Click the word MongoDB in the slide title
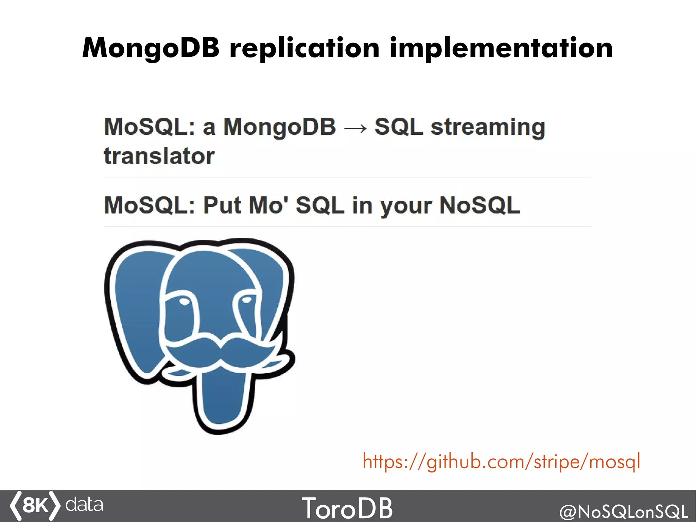(x=151, y=48)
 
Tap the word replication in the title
(x=304, y=48)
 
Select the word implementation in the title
(x=501, y=48)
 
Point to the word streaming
(x=488, y=128)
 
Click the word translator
(x=159, y=156)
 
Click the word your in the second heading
(x=406, y=206)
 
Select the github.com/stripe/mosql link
(x=502, y=462)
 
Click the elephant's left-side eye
(x=184, y=301)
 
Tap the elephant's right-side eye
(x=246, y=300)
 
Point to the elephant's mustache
(x=221, y=350)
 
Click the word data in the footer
(x=84, y=505)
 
